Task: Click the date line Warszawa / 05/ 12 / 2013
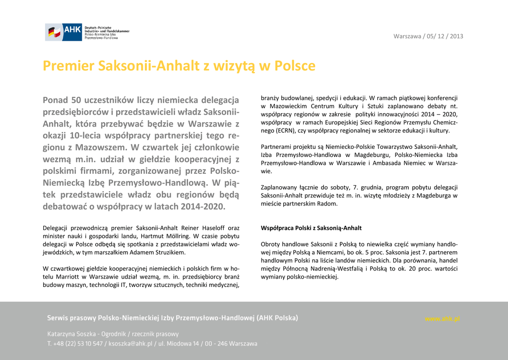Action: (x=428, y=36)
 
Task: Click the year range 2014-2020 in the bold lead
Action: (x=197, y=206)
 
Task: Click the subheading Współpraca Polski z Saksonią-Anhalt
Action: (x=311, y=228)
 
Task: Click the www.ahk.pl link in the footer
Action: (x=443, y=318)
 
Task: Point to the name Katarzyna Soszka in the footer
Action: (x=71, y=334)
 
